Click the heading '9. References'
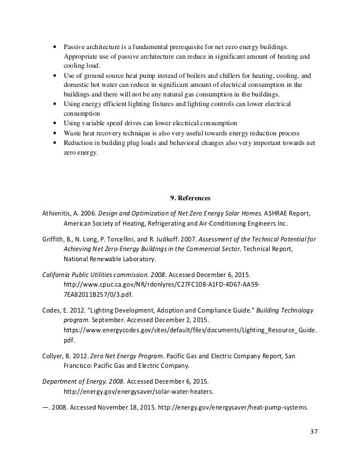click(x=190, y=198)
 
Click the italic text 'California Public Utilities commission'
click(x=95, y=273)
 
